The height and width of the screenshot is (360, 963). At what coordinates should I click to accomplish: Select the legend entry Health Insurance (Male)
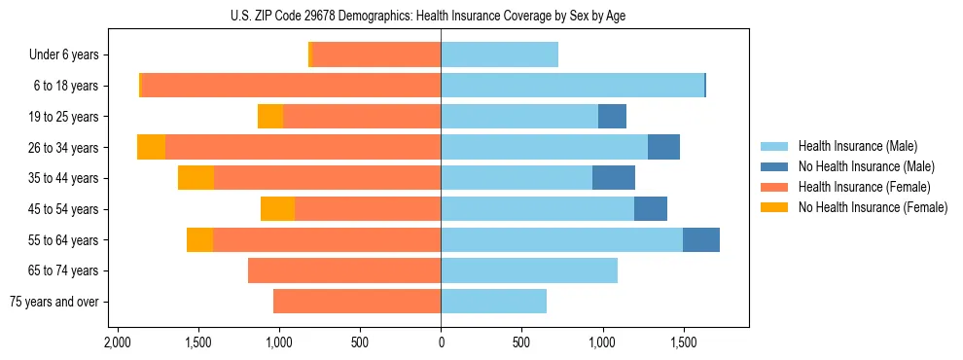[x=857, y=146]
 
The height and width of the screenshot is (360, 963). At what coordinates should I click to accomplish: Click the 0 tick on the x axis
[x=441, y=342]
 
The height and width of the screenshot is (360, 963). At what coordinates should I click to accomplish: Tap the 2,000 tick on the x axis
[x=118, y=342]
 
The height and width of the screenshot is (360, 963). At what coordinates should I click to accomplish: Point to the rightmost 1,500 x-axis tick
[x=683, y=342]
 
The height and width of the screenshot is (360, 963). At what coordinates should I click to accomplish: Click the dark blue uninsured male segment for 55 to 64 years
[x=700, y=239]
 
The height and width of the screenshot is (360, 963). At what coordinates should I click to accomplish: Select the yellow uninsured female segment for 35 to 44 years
[x=196, y=178]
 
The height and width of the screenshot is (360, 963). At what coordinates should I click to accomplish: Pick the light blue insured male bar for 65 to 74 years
[x=529, y=270]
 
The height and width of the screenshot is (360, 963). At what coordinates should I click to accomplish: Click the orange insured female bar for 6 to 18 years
[x=291, y=86]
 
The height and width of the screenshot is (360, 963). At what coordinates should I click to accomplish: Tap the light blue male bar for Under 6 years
[x=499, y=55]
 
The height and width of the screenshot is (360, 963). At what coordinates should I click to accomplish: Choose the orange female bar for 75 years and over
[x=357, y=302]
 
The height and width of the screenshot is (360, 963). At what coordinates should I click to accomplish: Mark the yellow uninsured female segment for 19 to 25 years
[x=270, y=117]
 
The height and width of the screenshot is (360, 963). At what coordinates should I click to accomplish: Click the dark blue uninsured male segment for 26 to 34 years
[x=663, y=148]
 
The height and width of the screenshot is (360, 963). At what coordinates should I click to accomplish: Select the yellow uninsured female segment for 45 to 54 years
[x=277, y=209]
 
